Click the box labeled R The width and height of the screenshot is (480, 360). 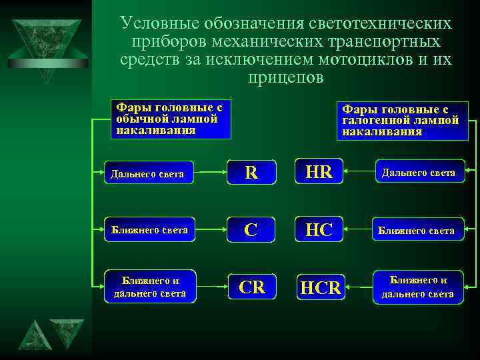251,172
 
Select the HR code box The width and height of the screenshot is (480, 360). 319,171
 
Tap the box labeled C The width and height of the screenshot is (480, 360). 251,229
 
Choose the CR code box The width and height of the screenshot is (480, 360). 251,287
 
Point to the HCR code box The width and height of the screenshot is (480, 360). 321,287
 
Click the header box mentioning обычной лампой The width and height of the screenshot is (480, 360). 170,119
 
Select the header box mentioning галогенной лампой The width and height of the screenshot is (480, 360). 402,121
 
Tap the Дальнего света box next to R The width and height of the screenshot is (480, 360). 149,173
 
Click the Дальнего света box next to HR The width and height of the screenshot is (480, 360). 418,173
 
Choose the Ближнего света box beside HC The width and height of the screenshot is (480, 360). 417,231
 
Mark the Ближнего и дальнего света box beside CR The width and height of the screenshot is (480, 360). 150,287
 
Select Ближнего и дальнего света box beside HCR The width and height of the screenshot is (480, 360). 418,287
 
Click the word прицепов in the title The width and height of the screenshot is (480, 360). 285,77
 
